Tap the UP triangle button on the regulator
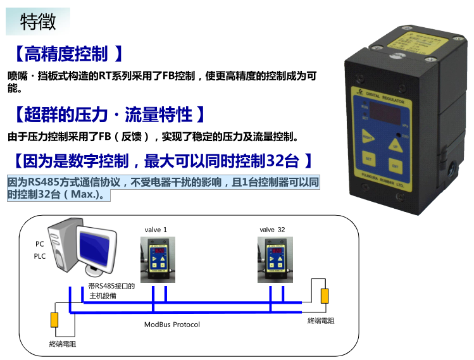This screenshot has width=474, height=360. [396, 146]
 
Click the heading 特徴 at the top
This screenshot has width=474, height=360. [38, 22]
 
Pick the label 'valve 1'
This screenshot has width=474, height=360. [156, 229]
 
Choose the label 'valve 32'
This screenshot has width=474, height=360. [272, 229]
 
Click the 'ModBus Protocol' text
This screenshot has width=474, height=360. [172, 325]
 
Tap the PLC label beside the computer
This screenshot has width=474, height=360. [40, 256]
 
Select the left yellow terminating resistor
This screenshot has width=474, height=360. [55, 320]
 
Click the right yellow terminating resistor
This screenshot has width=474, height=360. [325, 296]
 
